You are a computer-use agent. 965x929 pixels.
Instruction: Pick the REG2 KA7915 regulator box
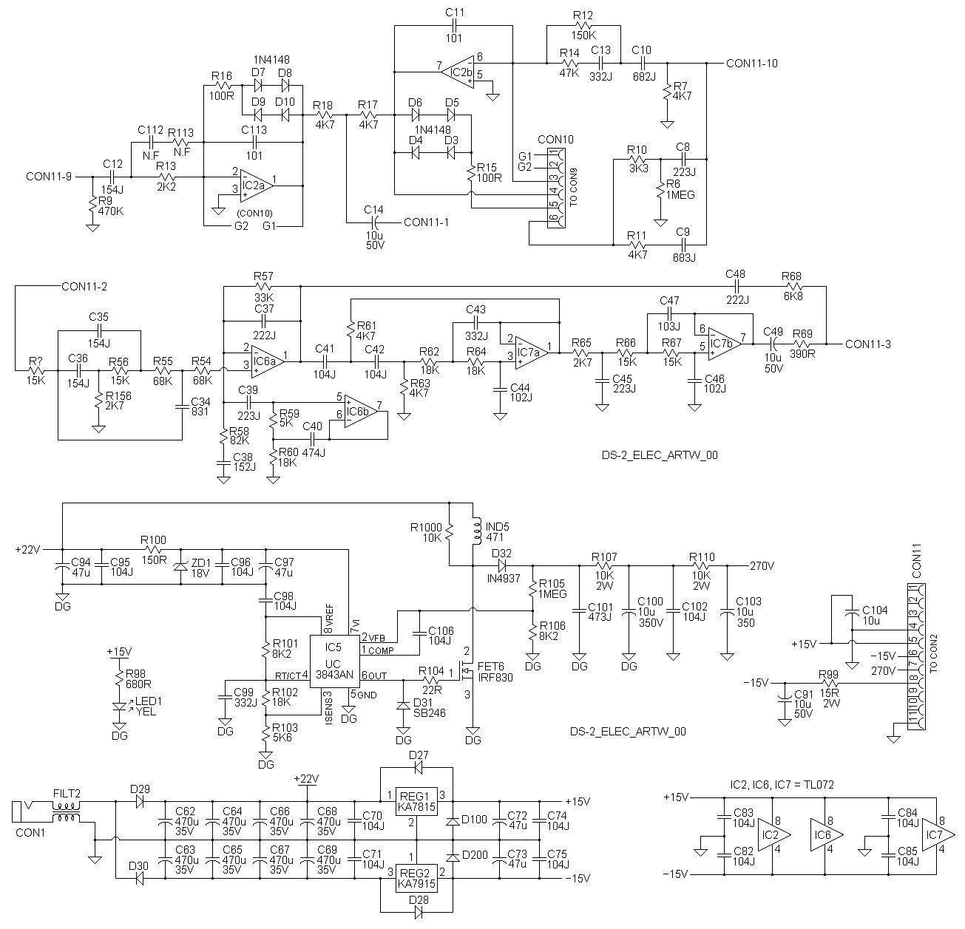point(416,877)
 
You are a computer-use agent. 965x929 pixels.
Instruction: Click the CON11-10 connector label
point(751,64)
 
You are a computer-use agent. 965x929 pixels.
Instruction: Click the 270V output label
point(762,566)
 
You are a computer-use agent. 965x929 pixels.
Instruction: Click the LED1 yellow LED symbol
point(120,707)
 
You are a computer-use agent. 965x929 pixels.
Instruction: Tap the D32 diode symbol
point(502,566)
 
